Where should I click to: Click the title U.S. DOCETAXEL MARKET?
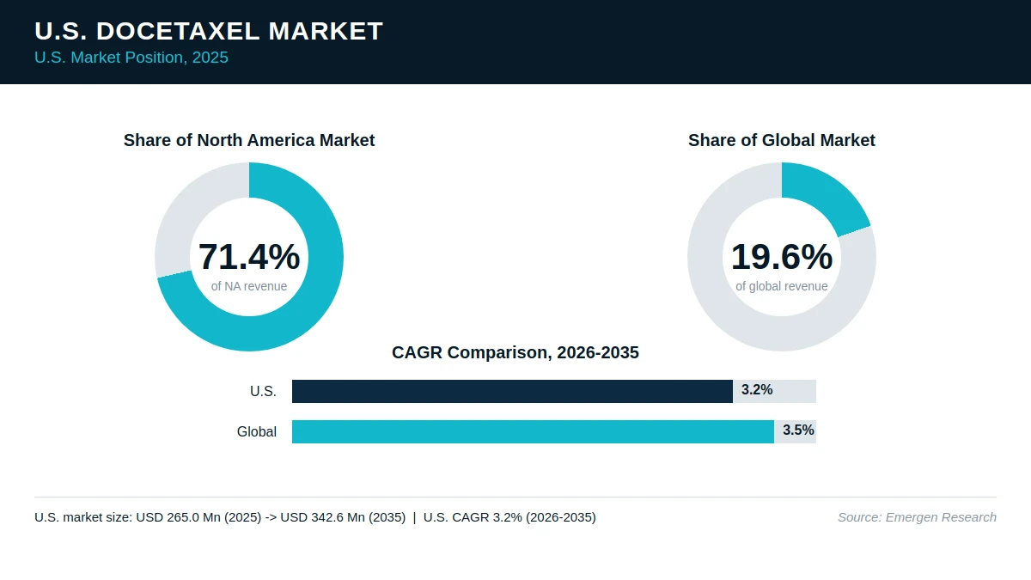[209, 31]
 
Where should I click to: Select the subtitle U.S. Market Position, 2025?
[131, 58]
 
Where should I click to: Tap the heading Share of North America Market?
[249, 140]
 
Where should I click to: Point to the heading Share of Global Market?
[782, 140]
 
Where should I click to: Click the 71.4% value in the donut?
[249, 256]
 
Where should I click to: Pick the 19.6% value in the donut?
[782, 256]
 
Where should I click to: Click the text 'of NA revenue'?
[249, 286]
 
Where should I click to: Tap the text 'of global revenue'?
[782, 286]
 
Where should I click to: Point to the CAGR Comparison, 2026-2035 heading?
[515, 352]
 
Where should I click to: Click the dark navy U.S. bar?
[512, 391]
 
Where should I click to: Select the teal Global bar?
[533, 431]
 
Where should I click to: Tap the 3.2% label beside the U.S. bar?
[757, 390]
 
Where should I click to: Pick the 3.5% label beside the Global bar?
[798, 430]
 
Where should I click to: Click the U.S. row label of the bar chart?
[263, 391]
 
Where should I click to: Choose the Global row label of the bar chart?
[256, 431]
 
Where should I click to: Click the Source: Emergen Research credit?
[917, 517]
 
